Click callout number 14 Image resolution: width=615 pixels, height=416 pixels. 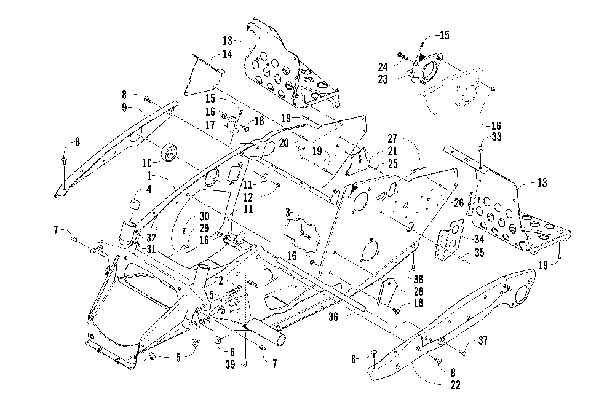pyautogui.click(x=227, y=54)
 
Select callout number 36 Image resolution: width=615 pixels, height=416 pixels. pyautogui.click(x=333, y=316)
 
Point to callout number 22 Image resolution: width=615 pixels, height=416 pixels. pyautogui.click(x=455, y=385)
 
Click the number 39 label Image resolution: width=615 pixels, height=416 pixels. pyautogui.click(x=230, y=364)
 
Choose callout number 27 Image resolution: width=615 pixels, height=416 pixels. pyautogui.click(x=392, y=138)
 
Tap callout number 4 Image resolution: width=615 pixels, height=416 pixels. pyautogui.click(x=149, y=190)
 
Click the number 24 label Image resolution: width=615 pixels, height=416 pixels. pyautogui.click(x=383, y=66)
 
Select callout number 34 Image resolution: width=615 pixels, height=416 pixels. pyautogui.click(x=479, y=239)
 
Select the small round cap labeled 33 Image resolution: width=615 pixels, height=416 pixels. pyautogui.click(x=480, y=149)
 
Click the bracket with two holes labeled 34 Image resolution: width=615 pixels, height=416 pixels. pyautogui.click(x=449, y=238)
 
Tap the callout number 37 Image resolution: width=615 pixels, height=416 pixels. pyautogui.click(x=482, y=340)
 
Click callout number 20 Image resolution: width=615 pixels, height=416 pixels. pyautogui.click(x=284, y=143)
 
